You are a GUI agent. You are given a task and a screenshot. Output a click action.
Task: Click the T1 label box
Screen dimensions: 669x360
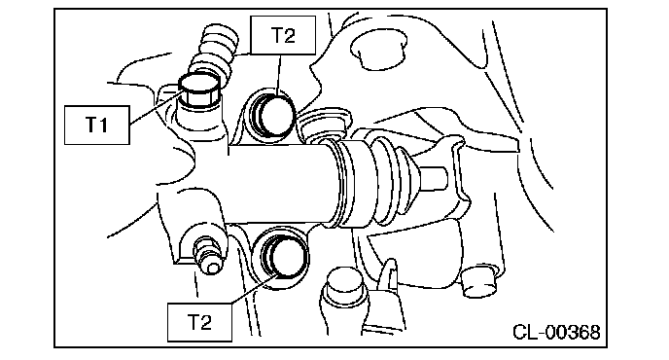[97, 126]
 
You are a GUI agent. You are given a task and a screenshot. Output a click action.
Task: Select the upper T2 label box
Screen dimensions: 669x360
[283, 35]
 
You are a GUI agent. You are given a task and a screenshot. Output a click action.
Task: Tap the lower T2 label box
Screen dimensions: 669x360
[199, 322]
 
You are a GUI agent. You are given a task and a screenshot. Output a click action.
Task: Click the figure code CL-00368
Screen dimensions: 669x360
[556, 332]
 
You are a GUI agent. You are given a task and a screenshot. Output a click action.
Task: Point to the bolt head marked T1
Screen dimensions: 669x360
[198, 90]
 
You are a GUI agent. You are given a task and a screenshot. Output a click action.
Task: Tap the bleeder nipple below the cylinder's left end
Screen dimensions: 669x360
[207, 255]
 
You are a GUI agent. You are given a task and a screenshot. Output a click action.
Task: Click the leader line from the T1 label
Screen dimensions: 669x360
[157, 107]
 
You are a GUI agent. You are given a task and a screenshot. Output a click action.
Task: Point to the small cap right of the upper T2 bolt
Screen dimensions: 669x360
[324, 123]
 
